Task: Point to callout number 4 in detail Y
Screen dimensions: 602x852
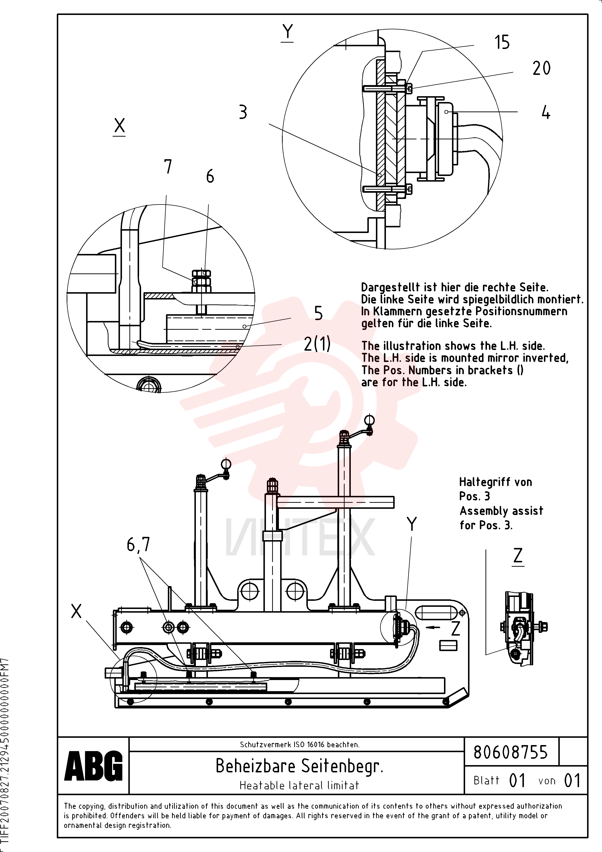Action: tap(546, 112)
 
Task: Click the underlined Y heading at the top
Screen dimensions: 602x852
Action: tap(287, 33)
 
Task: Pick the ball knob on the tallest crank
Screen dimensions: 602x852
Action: tap(370, 420)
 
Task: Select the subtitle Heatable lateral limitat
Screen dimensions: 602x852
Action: tap(299, 785)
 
